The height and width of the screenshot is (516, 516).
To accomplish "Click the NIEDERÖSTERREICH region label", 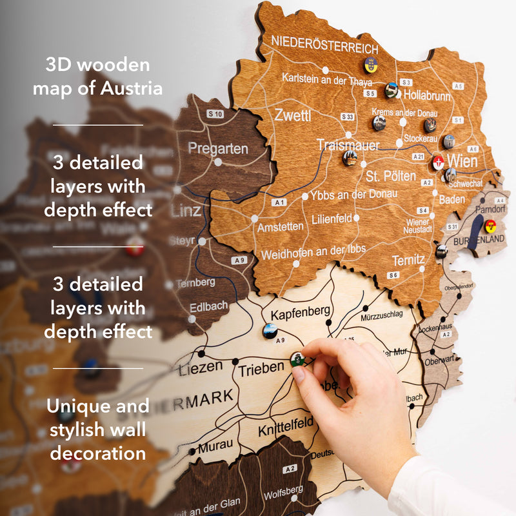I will [324, 44].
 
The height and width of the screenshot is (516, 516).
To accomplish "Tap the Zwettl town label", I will [292, 116].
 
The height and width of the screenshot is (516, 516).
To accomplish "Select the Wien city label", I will [462, 160].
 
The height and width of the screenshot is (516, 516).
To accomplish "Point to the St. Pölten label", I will [391, 175].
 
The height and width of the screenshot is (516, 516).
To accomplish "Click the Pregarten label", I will [218, 148].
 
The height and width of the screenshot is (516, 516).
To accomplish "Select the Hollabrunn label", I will [426, 95].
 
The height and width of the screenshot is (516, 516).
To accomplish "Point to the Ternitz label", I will [408, 261].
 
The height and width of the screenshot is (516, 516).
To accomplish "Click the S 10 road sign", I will [215, 114].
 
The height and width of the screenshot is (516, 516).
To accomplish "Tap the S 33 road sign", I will [346, 117].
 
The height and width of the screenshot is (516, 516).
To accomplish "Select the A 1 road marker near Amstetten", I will [279, 203].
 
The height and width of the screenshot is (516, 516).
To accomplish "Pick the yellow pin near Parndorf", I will [490, 226].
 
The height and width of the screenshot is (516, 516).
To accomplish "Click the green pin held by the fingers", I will [297, 358].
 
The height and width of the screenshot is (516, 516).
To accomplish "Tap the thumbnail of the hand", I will [297, 375].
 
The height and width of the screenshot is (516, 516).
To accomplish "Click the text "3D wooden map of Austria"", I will [97, 76].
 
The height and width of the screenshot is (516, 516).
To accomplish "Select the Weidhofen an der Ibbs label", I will [313, 252].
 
